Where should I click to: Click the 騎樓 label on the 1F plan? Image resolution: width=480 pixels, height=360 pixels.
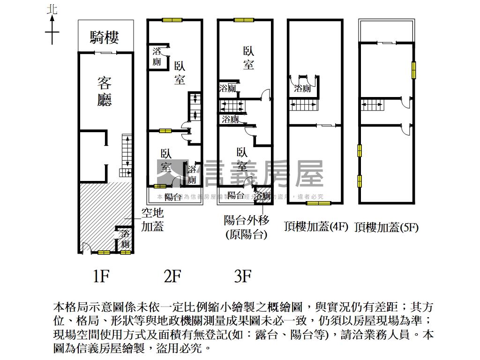tap(105, 37)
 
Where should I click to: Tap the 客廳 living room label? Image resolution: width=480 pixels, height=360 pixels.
tap(104, 91)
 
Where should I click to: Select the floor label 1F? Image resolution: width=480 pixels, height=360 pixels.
tap(101, 277)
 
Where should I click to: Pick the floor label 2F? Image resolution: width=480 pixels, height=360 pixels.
tap(172, 277)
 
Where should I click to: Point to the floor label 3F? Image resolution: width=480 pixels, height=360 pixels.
tap(243, 277)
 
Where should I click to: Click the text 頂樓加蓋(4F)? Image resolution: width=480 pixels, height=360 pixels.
tap(316, 227)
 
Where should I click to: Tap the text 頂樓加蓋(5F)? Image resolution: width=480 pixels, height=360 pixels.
tap(387, 227)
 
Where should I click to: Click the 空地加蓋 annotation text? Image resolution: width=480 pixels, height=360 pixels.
tap(152, 220)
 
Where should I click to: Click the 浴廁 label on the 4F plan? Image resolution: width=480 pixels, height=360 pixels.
tap(302, 88)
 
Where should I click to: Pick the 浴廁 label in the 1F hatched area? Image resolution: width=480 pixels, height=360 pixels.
tap(125, 239)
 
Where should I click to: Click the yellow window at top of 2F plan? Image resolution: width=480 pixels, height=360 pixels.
tap(172, 20)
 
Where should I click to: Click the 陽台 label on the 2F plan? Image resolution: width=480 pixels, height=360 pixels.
tap(173, 197)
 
